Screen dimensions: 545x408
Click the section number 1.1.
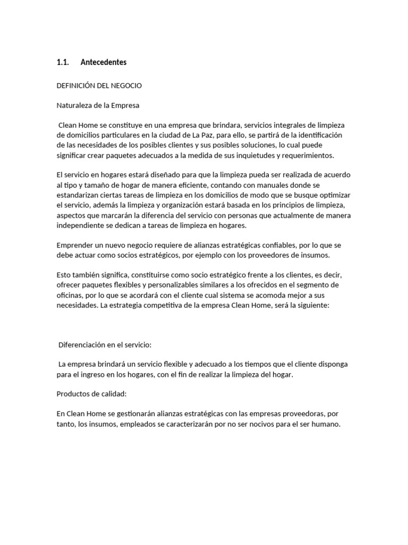pyautogui.click(x=63, y=62)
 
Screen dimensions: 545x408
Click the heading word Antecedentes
pyautogui.click(x=104, y=62)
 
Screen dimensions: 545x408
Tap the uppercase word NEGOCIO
pyautogui.click(x=125, y=85)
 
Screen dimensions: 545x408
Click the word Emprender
pyautogui.click(x=75, y=245)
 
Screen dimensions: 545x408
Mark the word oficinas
pyautogui.click(x=69, y=295)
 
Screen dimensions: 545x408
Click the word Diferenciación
pyautogui.click(x=82, y=344)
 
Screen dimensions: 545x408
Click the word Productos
pyautogui.click(x=73, y=394)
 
